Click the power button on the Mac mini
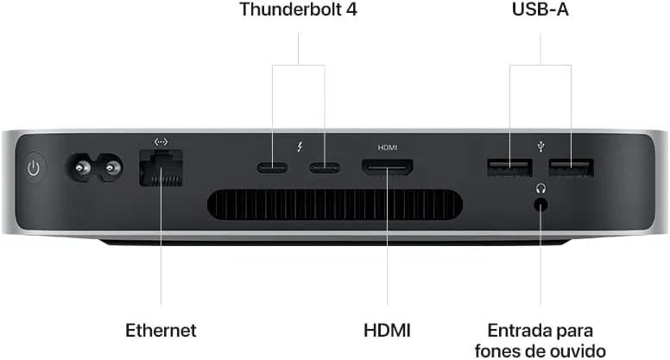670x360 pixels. pyautogui.click(x=34, y=167)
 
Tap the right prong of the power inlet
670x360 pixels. pyautogui.click(x=111, y=167)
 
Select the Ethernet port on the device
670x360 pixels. pyautogui.click(x=161, y=167)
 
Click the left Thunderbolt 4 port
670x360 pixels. pyautogui.click(x=272, y=167)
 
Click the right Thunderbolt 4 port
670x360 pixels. pyautogui.click(x=325, y=167)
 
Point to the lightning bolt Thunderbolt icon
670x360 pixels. pyautogui.click(x=300, y=148)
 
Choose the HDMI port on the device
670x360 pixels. pyautogui.click(x=388, y=167)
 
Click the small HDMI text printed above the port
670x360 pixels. pyautogui.click(x=388, y=148)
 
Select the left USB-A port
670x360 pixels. pyautogui.click(x=509, y=167)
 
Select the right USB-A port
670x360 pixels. pyautogui.click(x=572, y=167)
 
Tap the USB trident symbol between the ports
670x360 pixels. pyautogui.click(x=541, y=148)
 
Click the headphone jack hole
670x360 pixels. pyautogui.click(x=541, y=205)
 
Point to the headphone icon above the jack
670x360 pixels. pyautogui.click(x=541, y=188)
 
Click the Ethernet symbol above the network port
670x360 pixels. pyautogui.click(x=161, y=142)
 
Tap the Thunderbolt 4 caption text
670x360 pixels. pyautogui.click(x=298, y=9)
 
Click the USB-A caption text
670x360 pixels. pyautogui.click(x=540, y=9)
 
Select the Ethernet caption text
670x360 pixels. pyautogui.click(x=161, y=331)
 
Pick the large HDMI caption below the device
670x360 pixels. pyautogui.click(x=387, y=331)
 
